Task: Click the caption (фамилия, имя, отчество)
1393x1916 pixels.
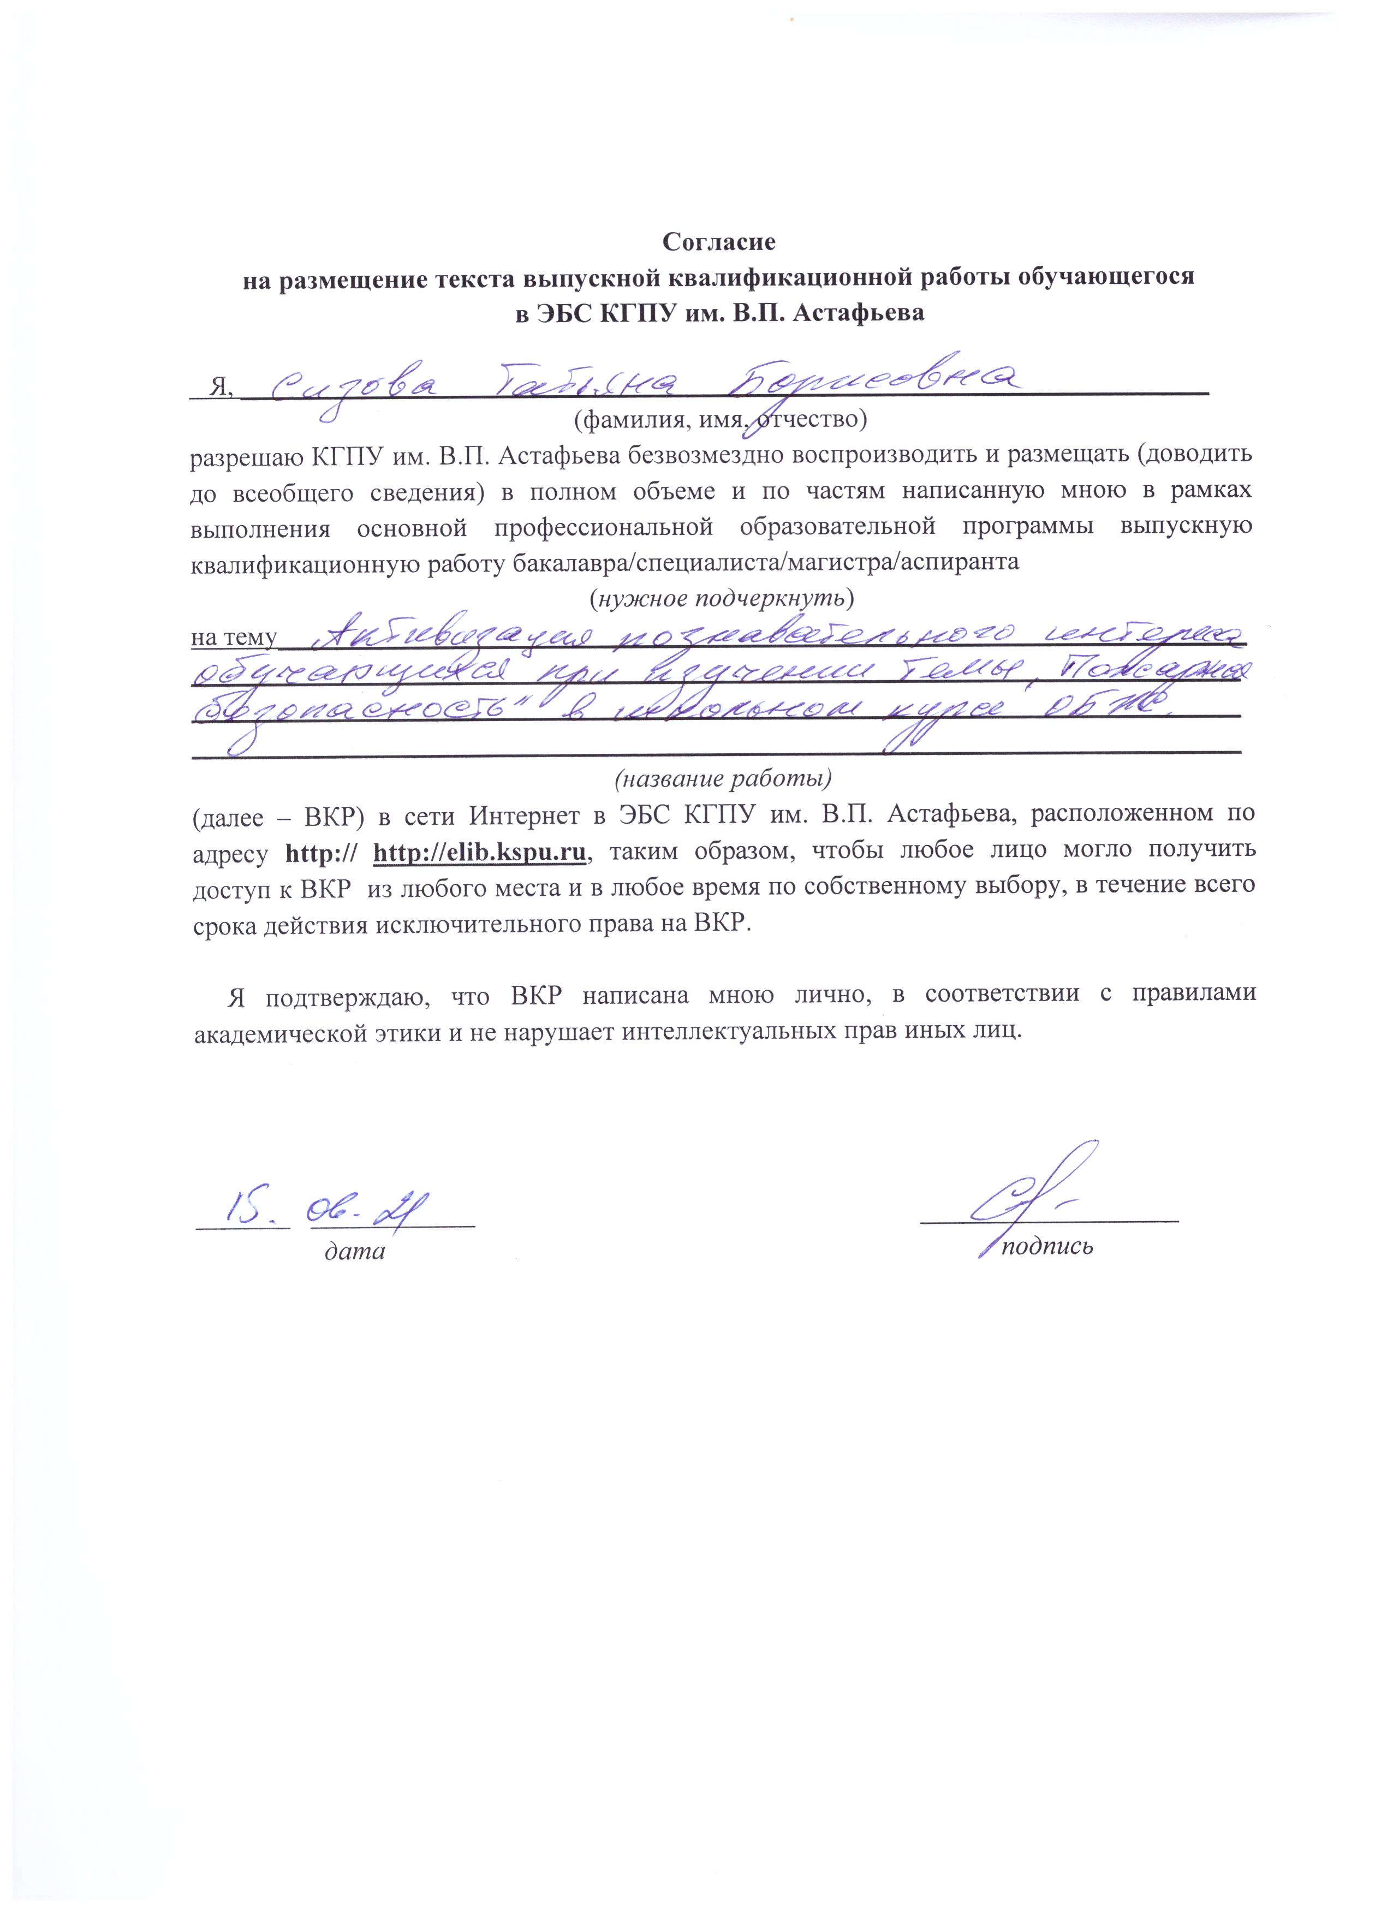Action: (x=721, y=418)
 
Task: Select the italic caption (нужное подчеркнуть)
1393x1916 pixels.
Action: (x=721, y=598)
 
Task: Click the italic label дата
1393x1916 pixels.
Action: (x=355, y=1250)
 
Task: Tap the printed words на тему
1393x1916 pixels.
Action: (x=233, y=637)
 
